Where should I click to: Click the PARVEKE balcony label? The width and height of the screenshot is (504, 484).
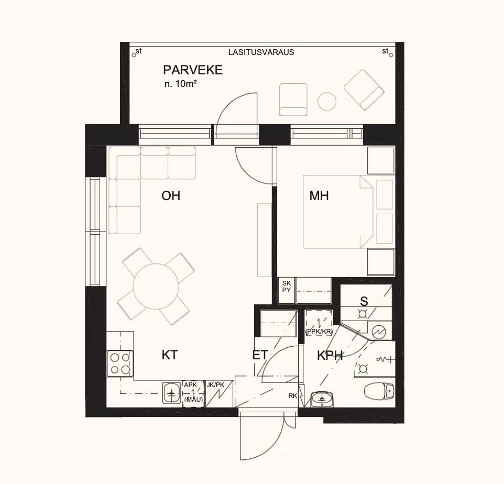tap(193, 70)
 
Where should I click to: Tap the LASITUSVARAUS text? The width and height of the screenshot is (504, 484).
tap(261, 52)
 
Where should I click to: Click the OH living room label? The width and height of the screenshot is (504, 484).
tap(171, 196)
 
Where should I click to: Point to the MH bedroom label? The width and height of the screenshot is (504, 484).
tap(319, 196)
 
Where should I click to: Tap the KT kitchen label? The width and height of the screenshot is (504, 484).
tap(169, 355)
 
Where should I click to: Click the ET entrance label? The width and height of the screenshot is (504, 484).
tap(260, 355)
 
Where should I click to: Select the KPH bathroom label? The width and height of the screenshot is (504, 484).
tap(330, 356)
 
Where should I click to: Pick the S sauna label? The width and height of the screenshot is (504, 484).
tap(364, 301)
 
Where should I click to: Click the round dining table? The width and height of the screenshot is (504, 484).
tap(157, 286)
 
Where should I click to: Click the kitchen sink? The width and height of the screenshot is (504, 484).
tap(171, 393)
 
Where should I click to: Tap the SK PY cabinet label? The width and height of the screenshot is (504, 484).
tap(287, 286)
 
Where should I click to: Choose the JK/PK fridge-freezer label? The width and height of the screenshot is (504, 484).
tap(215, 384)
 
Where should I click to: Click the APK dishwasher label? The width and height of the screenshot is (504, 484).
tap(190, 384)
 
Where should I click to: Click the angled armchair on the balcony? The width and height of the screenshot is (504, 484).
tap(362, 90)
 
